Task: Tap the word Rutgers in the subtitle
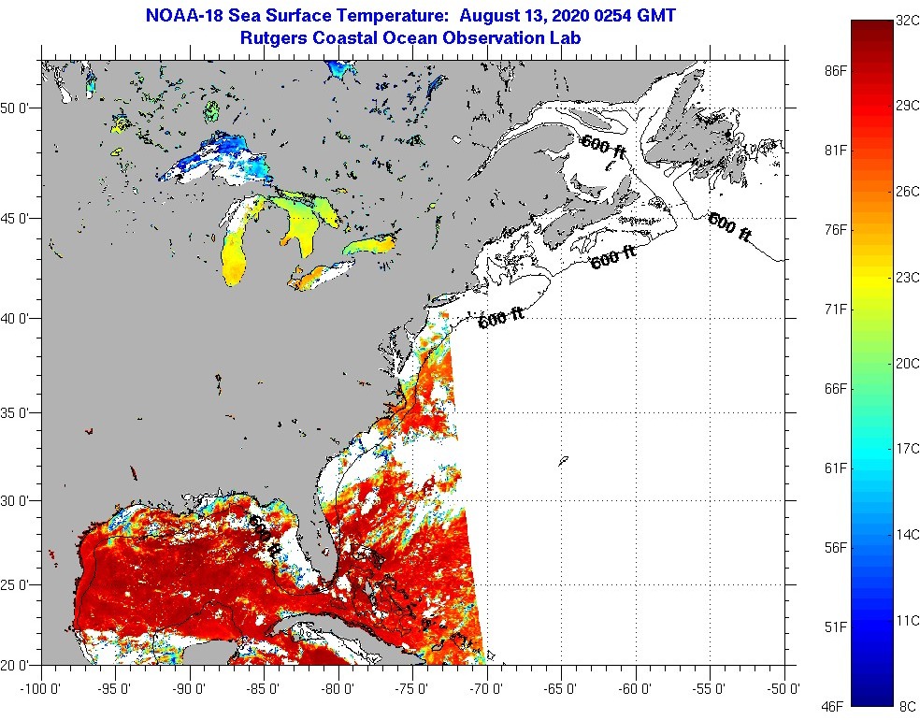[x=276, y=37]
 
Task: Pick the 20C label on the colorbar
[x=907, y=364]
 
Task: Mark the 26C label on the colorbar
[x=907, y=191]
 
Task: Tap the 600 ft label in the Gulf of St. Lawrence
[x=604, y=147]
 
